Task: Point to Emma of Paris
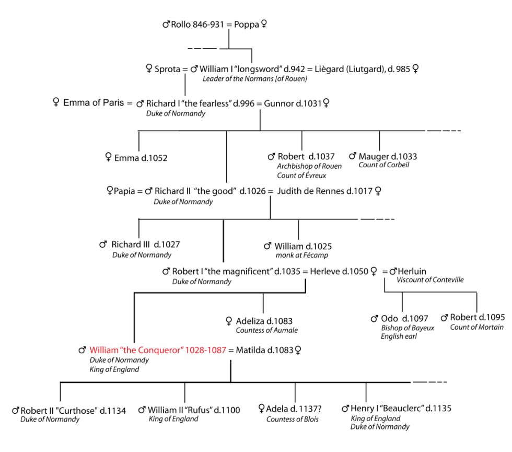click(93, 103)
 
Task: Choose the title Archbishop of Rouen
click(302, 166)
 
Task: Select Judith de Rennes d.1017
click(324, 191)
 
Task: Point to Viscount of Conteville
click(430, 280)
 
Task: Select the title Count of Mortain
click(476, 327)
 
